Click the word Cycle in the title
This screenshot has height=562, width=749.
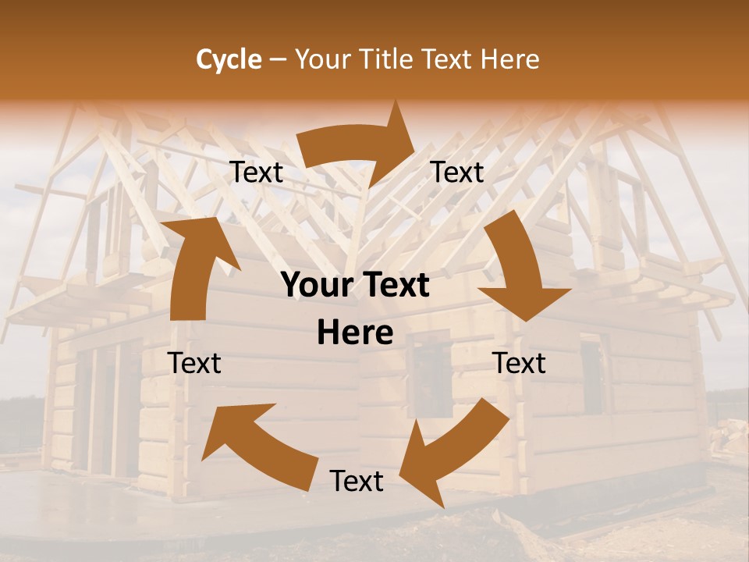pyautogui.click(x=229, y=59)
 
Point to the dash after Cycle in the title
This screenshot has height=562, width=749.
pyautogui.click(x=278, y=60)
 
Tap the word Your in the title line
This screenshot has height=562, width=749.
pyautogui.click(x=321, y=59)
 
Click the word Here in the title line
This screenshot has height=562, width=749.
pyautogui.click(x=509, y=59)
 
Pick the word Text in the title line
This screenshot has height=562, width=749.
pyautogui.click(x=447, y=59)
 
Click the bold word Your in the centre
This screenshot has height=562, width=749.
pyautogui.click(x=318, y=286)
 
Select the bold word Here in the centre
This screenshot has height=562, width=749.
pyautogui.click(x=355, y=333)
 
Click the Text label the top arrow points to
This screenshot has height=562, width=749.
pyautogui.click(x=457, y=173)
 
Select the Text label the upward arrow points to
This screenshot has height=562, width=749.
pyautogui.click(x=257, y=173)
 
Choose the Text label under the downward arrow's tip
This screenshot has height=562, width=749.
pyautogui.click(x=520, y=363)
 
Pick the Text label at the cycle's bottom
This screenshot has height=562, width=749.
pyautogui.click(x=357, y=482)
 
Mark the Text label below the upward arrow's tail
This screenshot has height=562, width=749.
pyautogui.click(x=194, y=363)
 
